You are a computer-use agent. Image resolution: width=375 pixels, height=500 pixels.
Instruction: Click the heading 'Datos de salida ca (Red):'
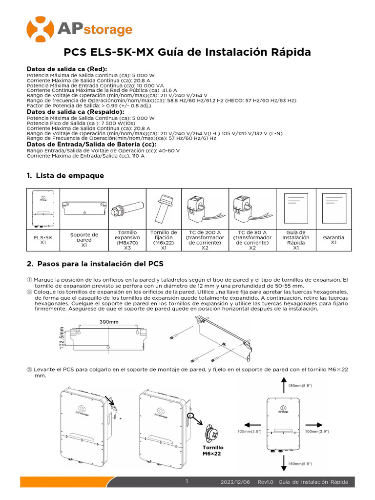(x=67, y=69)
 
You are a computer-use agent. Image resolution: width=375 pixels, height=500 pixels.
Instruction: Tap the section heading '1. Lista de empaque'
(x=65, y=176)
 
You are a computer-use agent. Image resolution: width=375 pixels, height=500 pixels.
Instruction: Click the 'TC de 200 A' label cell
(x=206, y=240)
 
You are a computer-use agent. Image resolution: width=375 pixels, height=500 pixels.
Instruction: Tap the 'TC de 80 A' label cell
(x=252, y=240)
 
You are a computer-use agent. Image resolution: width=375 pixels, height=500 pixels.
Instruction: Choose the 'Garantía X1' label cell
(x=333, y=240)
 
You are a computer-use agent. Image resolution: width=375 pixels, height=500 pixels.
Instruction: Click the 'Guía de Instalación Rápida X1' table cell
(x=295, y=240)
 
